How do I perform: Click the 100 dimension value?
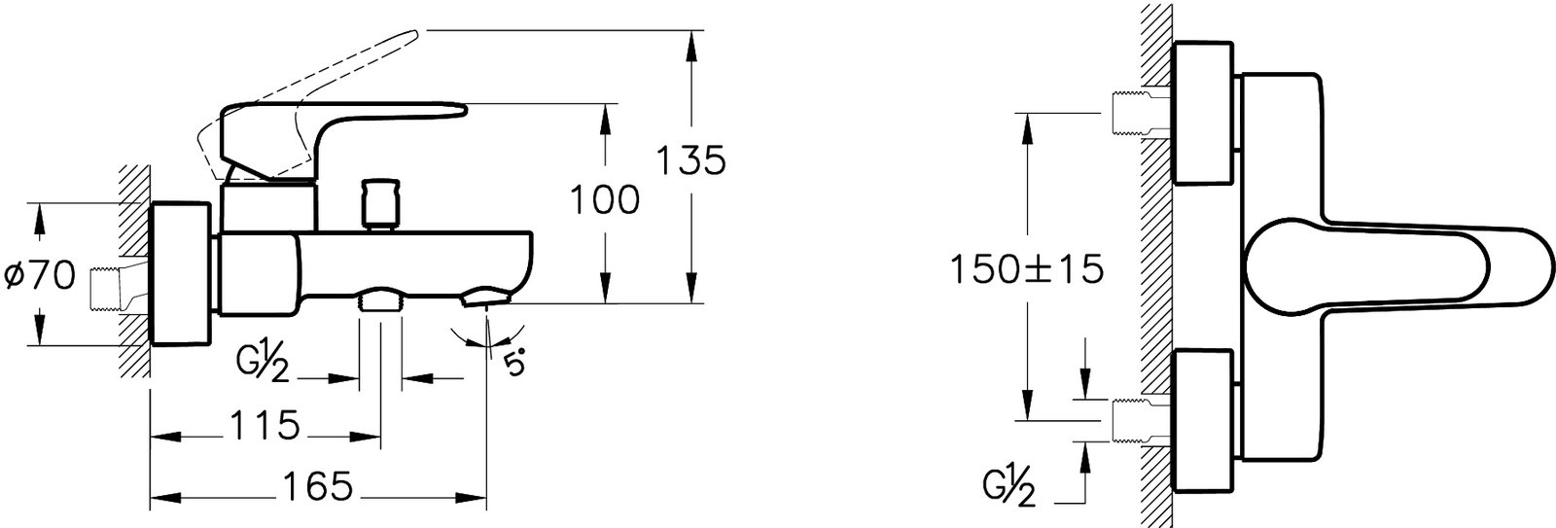tap(605, 200)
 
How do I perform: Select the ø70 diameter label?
tap(40, 277)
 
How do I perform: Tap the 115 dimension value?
tap(264, 425)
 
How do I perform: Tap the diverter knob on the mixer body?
tap(380, 204)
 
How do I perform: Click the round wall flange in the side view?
tap(180, 274)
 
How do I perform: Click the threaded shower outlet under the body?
tap(380, 300)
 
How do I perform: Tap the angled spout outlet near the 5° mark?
tap(484, 299)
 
